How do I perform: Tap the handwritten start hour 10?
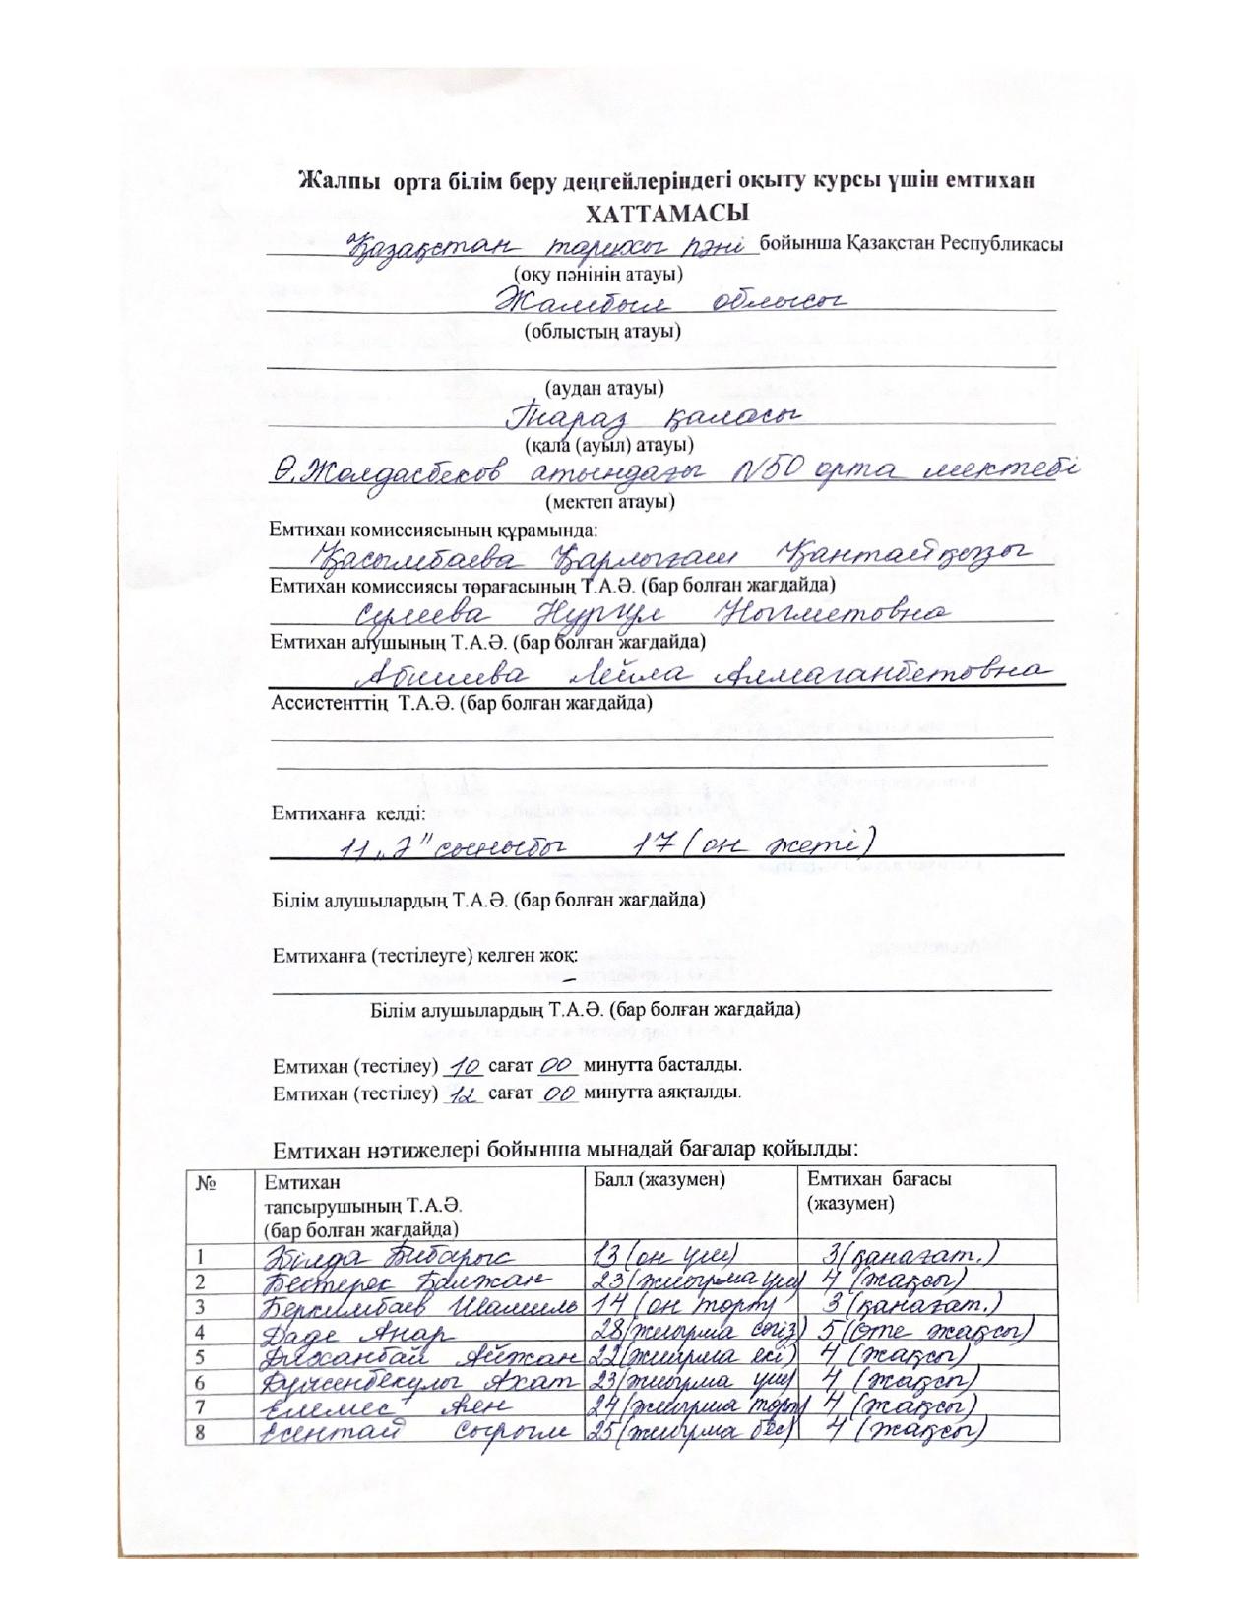tap(468, 1065)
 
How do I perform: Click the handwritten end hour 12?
tap(463, 1093)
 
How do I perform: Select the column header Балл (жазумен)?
tap(659, 1179)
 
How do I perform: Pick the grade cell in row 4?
tap(925, 1332)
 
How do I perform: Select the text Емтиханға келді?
tap(348, 814)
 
